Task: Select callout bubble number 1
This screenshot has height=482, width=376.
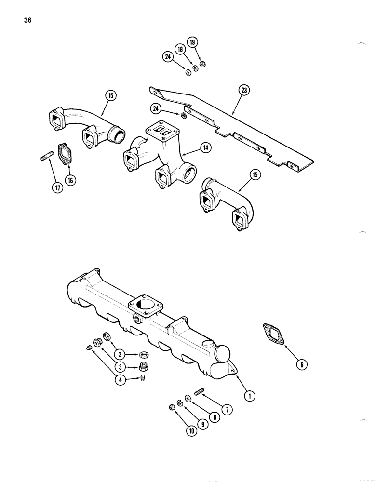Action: tap(249, 396)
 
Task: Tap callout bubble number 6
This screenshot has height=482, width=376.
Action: tap(302, 364)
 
